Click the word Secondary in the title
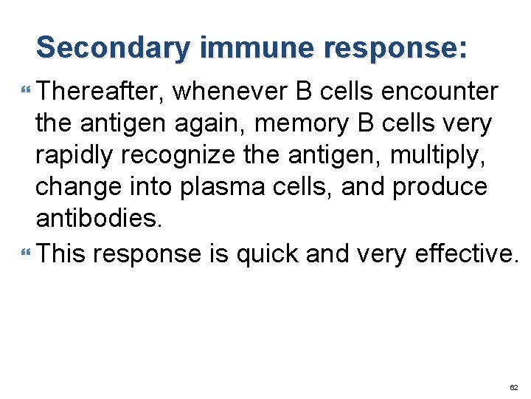[x=115, y=47]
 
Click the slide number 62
[x=513, y=387]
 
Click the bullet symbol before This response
[x=27, y=254]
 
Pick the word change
[x=75, y=187]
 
